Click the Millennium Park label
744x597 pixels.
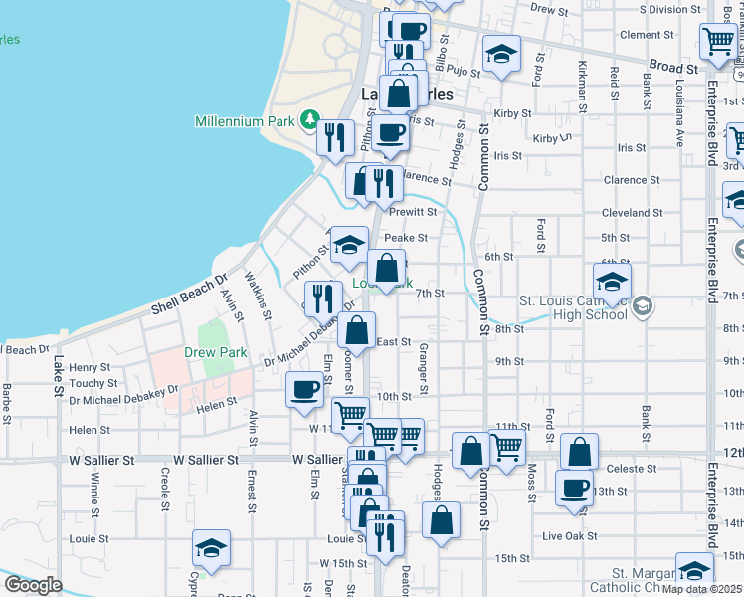click(246, 121)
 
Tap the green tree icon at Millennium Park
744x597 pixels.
click(310, 121)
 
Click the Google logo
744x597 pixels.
click(34, 585)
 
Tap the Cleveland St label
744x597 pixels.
click(632, 213)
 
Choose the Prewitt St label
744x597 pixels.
click(413, 212)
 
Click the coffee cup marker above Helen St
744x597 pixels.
click(304, 389)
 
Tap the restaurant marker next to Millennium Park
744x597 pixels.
click(336, 136)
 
